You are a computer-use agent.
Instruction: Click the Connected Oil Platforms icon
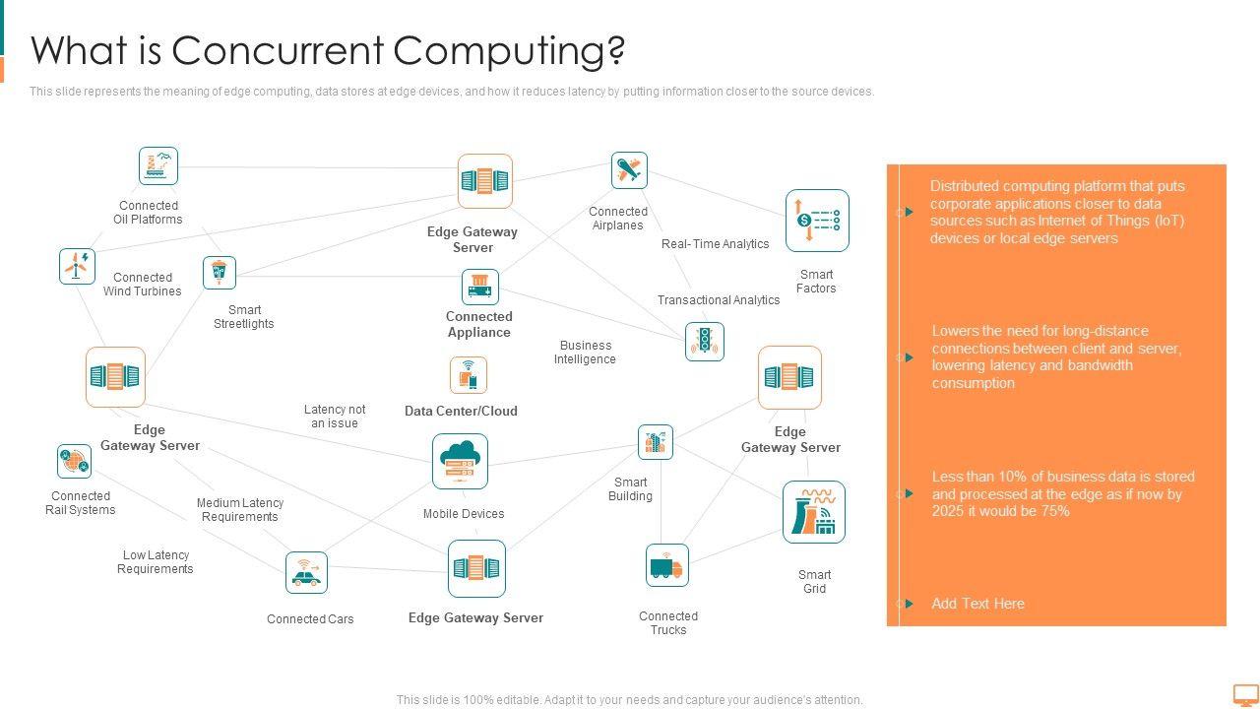click(157, 166)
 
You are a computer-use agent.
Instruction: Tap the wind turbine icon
click(77, 266)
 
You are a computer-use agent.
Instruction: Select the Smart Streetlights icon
click(220, 273)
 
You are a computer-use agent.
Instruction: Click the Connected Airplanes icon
click(628, 170)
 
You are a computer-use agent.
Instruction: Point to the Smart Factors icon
click(817, 221)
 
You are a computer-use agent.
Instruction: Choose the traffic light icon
click(704, 341)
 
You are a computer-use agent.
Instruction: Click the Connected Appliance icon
click(479, 287)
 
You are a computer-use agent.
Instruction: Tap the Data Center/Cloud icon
click(469, 375)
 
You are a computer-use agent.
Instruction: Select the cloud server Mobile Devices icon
click(460, 461)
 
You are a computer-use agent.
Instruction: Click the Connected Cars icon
click(306, 572)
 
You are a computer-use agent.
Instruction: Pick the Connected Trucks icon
click(666, 565)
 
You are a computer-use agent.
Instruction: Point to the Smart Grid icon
click(814, 512)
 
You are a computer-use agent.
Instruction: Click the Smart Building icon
click(655, 442)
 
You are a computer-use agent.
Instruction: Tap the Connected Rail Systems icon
click(74, 461)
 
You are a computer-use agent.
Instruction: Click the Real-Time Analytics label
click(715, 244)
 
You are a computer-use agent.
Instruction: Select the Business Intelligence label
click(585, 353)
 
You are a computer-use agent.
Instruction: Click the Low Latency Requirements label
click(156, 562)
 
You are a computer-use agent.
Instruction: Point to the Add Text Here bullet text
click(977, 604)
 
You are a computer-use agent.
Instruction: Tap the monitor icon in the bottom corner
click(1245, 695)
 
